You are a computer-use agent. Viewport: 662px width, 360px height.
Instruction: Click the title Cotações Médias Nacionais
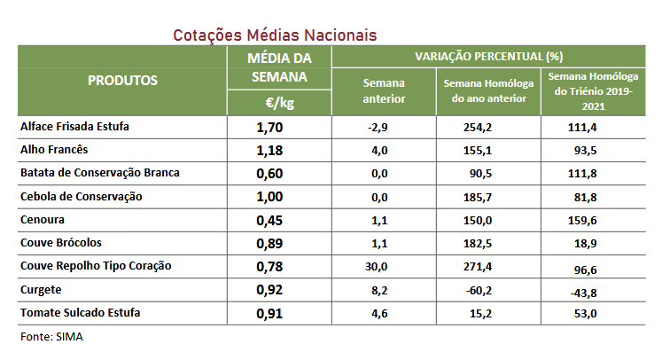pos(275,35)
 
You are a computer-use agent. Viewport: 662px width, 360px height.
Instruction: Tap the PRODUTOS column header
pos(122,80)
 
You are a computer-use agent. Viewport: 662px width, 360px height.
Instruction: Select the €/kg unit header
pos(279,103)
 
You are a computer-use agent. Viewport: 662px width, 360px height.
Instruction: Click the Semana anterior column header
pos(384,90)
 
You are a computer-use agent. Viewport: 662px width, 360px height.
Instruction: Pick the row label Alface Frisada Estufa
pos(74,127)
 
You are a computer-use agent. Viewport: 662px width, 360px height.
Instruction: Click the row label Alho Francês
pos(54,150)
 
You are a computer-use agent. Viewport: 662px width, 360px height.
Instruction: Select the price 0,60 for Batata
pos(269,173)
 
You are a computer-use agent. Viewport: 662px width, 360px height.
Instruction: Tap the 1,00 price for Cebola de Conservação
pos(269,196)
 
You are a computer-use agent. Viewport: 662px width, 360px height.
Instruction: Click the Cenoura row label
pos(43,219)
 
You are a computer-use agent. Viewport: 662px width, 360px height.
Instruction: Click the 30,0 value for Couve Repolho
pos(378,266)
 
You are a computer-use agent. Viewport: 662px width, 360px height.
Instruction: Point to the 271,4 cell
pos(479,266)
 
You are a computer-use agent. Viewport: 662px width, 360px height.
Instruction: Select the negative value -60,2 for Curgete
pos(479,289)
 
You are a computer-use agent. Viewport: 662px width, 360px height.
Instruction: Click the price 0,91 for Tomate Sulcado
pos(269,313)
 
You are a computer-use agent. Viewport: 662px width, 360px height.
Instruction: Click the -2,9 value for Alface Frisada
pos(379,128)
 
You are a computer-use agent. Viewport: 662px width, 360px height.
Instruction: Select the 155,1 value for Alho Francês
pos(479,151)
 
